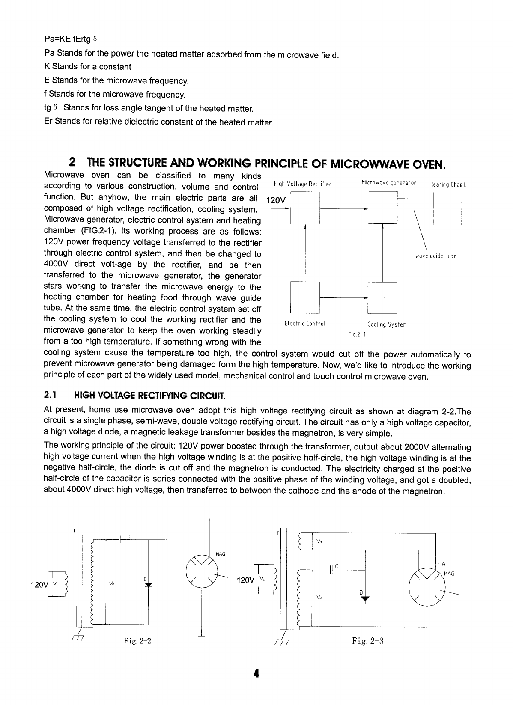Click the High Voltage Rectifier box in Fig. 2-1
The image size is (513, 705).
[x=305, y=208]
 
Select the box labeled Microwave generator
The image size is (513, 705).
[x=383, y=208]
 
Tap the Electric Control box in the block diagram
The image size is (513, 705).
[x=305, y=297]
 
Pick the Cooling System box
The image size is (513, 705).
[x=383, y=297]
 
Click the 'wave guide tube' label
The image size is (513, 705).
[x=435, y=256]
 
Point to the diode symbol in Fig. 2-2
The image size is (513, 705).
[x=148, y=586]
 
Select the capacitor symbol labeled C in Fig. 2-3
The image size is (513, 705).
[x=331, y=570]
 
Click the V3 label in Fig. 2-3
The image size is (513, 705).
[x=319, y=541]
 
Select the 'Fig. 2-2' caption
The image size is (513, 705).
[x=138, y=641]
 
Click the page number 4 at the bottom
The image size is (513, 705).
[x=256, y=673]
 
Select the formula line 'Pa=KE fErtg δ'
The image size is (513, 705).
[x=71, y=39]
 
